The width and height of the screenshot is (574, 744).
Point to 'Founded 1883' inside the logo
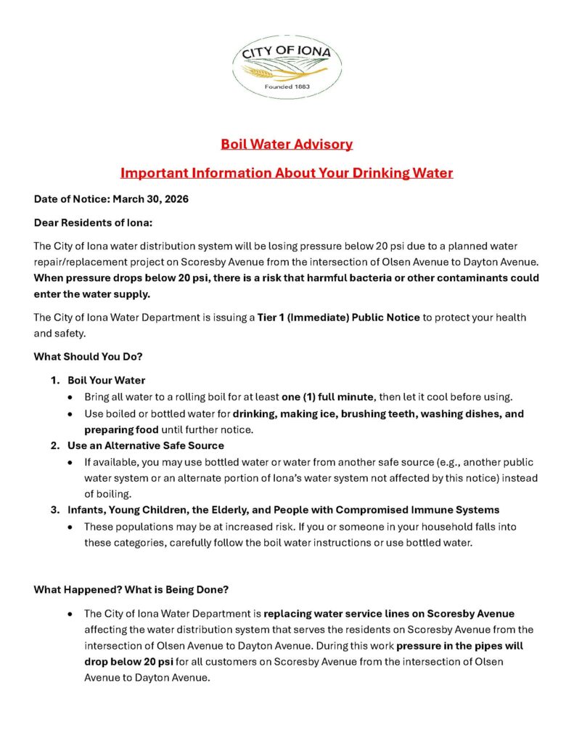tap(287, 86)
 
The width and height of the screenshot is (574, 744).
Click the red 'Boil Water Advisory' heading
tap(287, 144)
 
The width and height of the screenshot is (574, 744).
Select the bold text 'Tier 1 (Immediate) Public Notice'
tap(338, 318)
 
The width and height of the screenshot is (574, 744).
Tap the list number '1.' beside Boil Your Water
tap(55, 380)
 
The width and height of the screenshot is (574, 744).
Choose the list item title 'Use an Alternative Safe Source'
tap(145, 445)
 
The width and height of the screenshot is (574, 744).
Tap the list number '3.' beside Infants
tap(55, 509)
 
